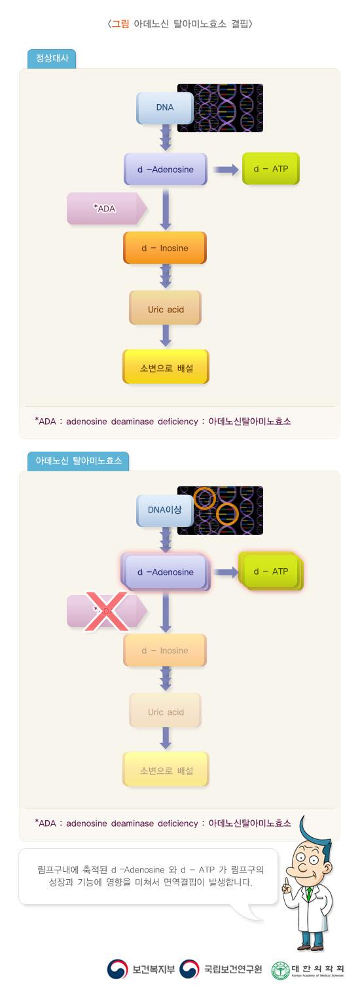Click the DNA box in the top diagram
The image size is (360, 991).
point(165,108)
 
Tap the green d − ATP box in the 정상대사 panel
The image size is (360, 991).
point(271,169)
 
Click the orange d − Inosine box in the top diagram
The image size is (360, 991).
point(165,248)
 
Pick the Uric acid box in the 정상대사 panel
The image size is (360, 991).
point(166,308)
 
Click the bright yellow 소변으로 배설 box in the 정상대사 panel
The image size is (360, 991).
point(166,367)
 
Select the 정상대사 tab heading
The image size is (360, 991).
point(52,59)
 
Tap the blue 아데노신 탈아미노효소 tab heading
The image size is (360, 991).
point(79,461)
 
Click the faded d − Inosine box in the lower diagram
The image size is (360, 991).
point(165,651)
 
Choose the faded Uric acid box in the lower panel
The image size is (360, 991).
point(166,712)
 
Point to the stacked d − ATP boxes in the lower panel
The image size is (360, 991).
point(272,572)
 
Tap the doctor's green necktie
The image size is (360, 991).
point(308,893)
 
